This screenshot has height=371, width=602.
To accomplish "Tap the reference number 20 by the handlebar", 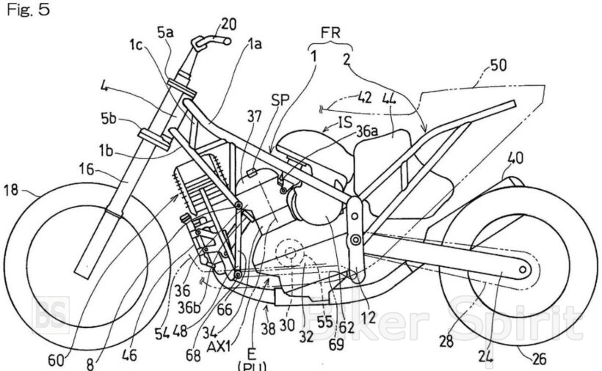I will pyautogui.click(x=229, y=25).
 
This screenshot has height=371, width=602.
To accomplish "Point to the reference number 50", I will pyautogui.click(x=498, y=65).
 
